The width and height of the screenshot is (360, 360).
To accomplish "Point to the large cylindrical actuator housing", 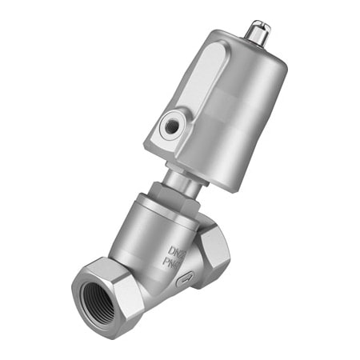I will [x=232, y=112].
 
